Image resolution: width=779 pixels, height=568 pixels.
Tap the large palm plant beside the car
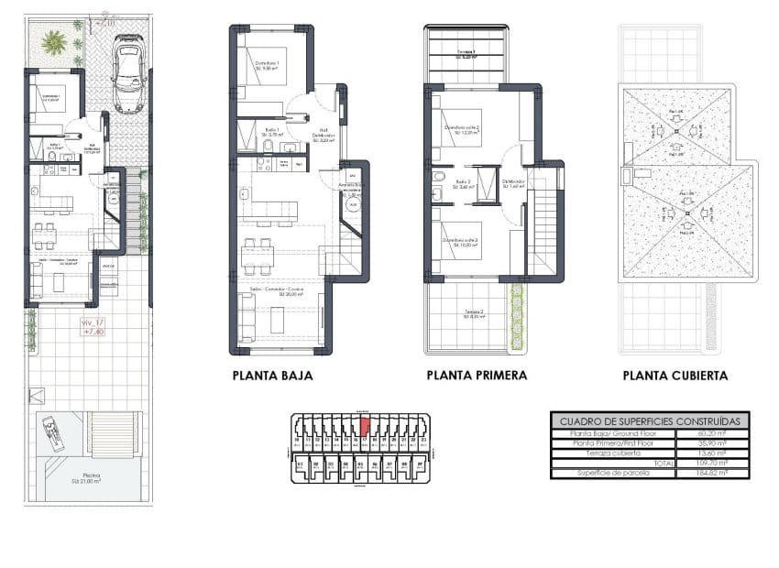[54, 40]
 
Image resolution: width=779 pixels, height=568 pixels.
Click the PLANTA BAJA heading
[272, 376]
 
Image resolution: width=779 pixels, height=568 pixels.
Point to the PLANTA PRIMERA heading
[477, 376]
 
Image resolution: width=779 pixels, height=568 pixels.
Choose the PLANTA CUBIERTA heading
[675, 376]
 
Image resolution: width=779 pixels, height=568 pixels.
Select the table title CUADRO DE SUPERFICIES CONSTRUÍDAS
[650, 421]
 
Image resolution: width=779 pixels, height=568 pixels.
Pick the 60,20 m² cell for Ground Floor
[712, 432]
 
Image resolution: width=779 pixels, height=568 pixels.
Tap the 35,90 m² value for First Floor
[712, 442]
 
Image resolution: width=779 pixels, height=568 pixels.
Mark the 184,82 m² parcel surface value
[712, 473]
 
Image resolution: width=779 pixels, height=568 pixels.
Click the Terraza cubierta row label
[609, 453]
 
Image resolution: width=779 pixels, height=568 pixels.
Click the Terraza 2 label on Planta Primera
[473, 312]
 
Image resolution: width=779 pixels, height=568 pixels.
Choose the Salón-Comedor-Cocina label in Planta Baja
[279, 291]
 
